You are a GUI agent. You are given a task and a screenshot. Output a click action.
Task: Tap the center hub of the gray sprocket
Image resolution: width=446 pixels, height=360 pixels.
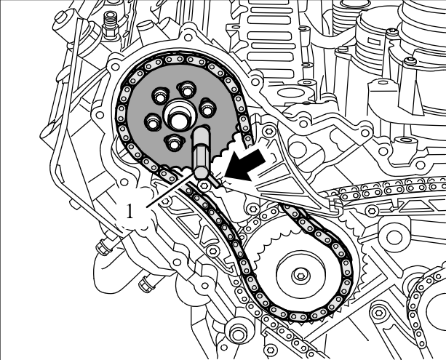click(x=178, y=117)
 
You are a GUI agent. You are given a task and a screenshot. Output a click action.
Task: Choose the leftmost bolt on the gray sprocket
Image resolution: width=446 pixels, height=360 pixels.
click(x=152, y=119)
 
